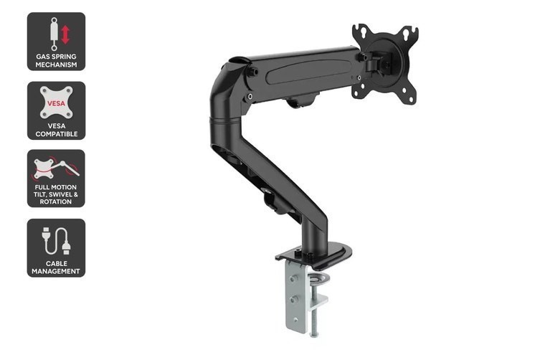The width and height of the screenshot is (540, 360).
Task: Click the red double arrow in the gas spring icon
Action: (65, 34)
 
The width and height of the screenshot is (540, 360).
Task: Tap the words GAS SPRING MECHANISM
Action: (56, 60)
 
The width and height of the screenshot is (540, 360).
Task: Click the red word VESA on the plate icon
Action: (56, 103)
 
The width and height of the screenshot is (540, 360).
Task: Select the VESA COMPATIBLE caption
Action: (56, 130)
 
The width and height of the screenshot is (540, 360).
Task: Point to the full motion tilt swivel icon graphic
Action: (56, 169)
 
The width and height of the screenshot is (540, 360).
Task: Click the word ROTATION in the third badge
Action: (56, 202)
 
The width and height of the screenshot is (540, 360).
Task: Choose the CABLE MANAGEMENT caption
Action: (56, 267)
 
